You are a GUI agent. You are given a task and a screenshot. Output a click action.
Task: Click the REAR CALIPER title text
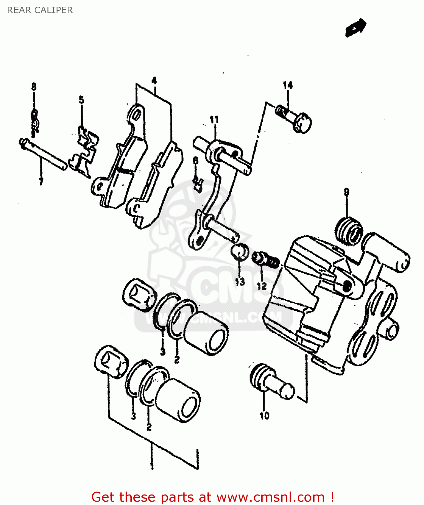point(40,10)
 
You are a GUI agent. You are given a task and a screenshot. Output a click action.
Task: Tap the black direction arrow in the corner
point(356,27)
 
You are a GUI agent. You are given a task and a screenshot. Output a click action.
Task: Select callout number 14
point(288,85)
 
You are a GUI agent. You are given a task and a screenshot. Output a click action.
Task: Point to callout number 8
point(34,87)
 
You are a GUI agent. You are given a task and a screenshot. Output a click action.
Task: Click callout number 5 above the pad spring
point(81,100)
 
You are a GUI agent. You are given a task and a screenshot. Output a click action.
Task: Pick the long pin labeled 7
point(43,155)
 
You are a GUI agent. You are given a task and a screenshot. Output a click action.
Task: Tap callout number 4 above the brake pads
point(154,81)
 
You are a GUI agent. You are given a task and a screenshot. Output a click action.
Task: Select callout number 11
point(214,120)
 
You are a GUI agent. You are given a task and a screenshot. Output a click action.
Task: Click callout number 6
point(196,161)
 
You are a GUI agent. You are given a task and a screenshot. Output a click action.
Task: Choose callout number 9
point(347,192)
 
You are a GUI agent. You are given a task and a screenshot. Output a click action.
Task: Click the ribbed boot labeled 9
point(349,231)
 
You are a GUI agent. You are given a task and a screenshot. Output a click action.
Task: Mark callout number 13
point(240,281)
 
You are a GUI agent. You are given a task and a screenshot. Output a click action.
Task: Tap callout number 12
point(262,286)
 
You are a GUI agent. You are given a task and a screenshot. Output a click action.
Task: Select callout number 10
point(264,416)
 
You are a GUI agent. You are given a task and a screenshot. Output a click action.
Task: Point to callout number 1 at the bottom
point(152,466)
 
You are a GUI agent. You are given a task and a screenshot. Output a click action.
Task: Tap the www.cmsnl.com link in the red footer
point(270,497)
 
